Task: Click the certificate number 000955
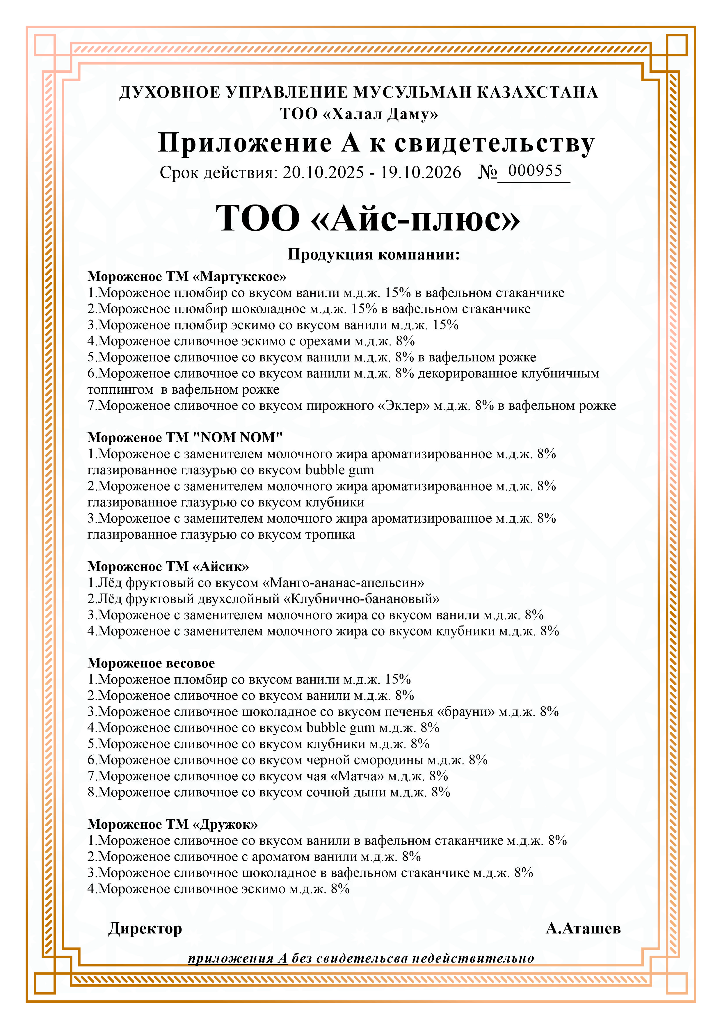(x=535, y=171)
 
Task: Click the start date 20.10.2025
(x=323, y=173)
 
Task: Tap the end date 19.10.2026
(x=421, y=173)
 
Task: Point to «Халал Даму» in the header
(x=380, y=114)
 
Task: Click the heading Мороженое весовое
(x=151, y=663)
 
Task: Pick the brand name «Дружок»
(x=225, y=824)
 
